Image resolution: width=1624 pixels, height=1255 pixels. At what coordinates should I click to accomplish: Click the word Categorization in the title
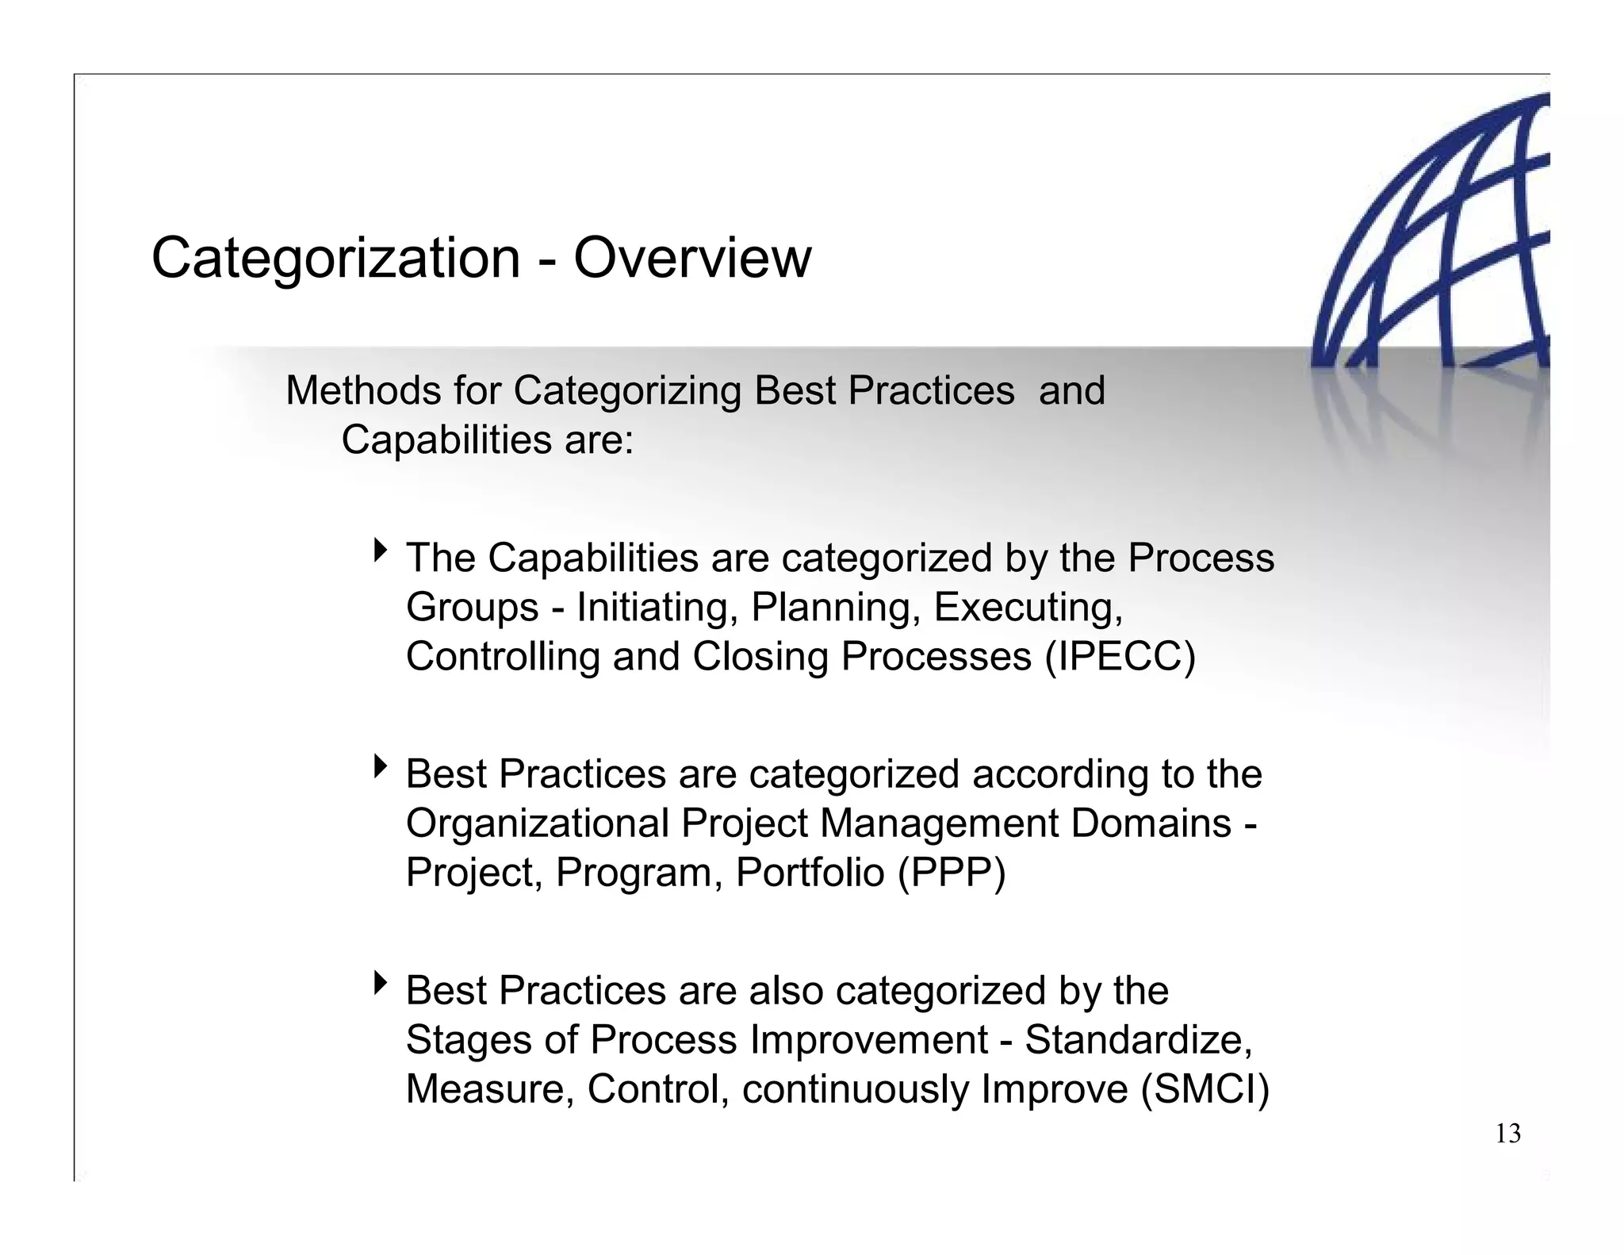(x=335, y=259)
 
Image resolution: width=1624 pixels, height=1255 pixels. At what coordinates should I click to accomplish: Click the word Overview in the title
(x=692, y=259)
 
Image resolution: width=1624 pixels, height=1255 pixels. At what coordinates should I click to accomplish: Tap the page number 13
(x=1507, y=1134)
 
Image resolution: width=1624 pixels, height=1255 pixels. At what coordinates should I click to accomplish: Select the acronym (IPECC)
(x=1119, y=657)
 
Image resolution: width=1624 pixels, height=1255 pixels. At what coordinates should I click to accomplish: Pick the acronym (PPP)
(x=952, y=873)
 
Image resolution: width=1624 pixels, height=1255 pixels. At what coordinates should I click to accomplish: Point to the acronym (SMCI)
(x=1205, y=1089)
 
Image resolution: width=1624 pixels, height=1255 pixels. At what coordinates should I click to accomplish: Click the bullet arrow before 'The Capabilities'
(x=381, y=550)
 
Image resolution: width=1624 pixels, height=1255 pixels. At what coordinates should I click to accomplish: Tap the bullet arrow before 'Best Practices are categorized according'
(x=381, y=766)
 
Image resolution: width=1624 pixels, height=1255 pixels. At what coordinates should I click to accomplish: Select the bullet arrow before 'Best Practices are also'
(x=381, y=983)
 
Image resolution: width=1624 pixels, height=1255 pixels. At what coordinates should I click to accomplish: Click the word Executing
(x=1028, y=608)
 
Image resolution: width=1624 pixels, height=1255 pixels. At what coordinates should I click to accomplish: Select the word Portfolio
(x=810, y=873)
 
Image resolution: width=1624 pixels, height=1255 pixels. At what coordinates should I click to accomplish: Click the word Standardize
(x=1138, y=1040)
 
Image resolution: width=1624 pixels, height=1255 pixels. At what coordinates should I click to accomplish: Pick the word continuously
(x=856, y=1089)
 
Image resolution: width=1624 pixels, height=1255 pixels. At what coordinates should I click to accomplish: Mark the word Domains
(x=1151, y=823)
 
